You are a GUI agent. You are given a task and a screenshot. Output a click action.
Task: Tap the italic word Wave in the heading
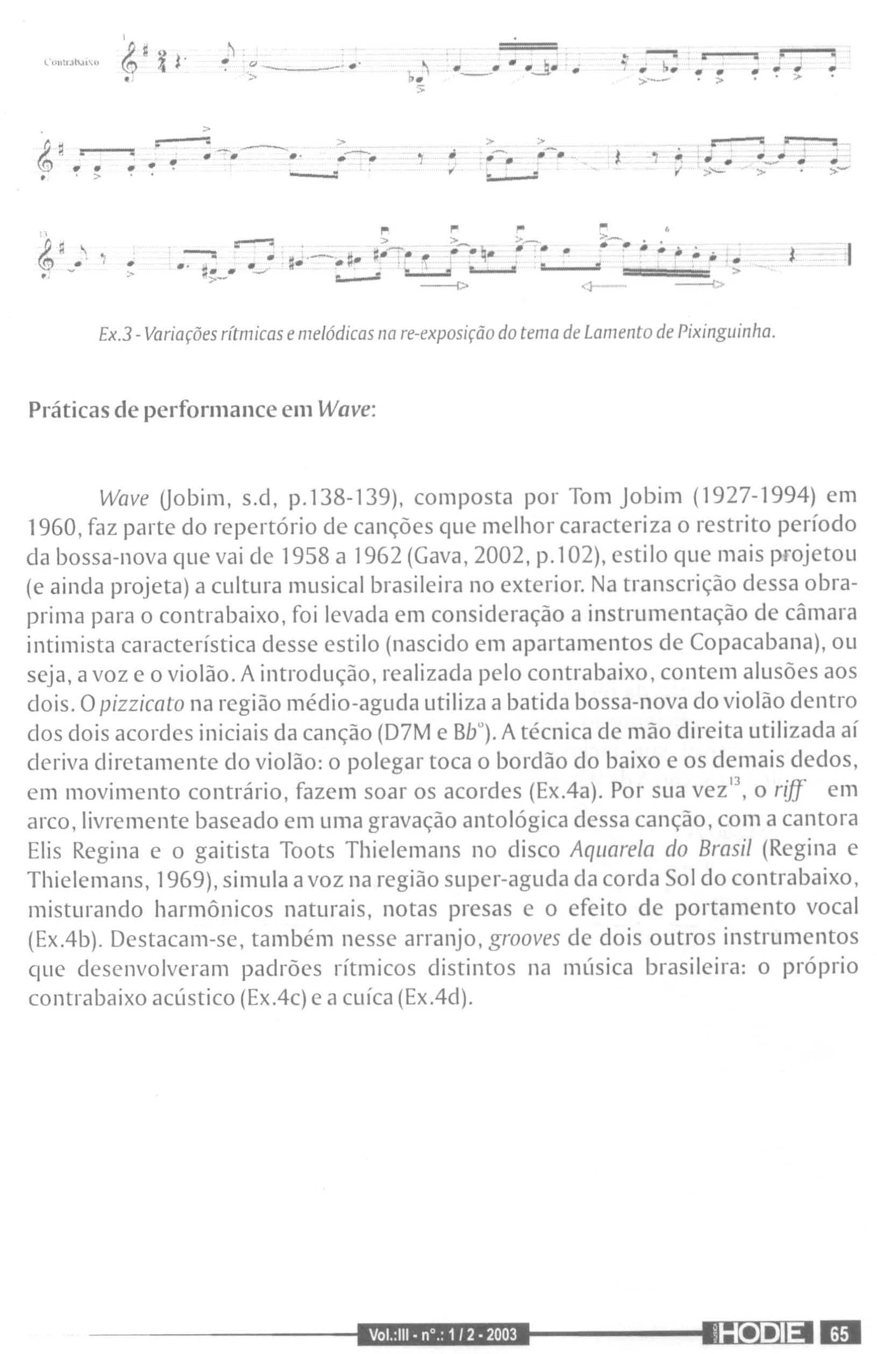coord(345,409)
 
